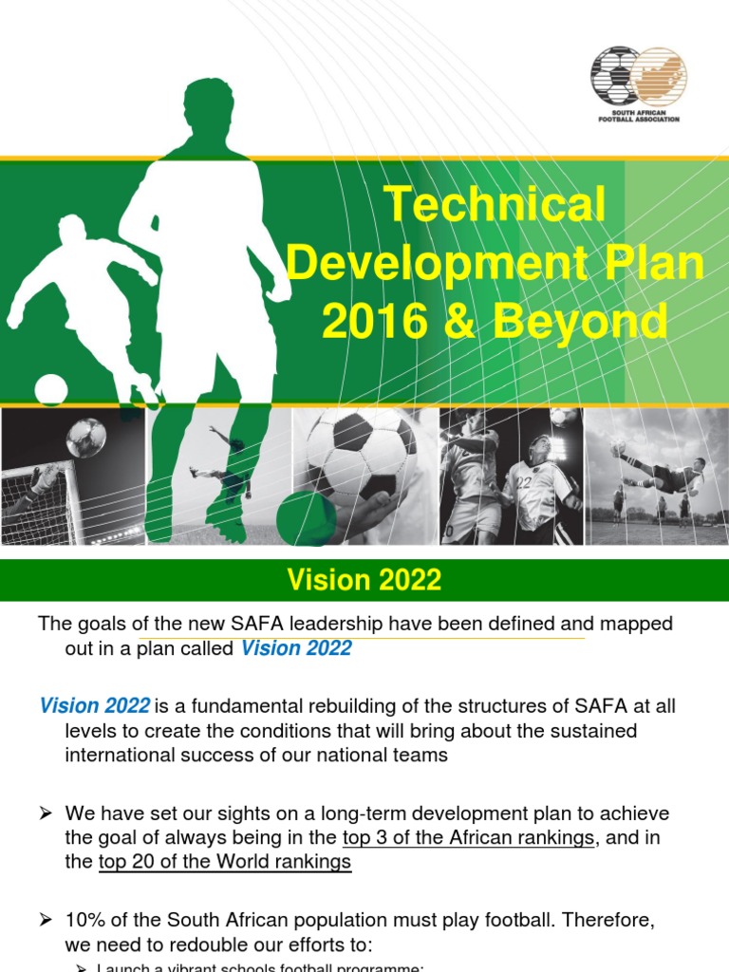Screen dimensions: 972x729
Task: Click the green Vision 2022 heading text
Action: (x=364, y=580)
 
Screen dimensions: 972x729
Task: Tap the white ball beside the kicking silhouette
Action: (x=50, y=389)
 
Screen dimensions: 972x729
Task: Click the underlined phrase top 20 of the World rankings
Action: (x=225, y=862)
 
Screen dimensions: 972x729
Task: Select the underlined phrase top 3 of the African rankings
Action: (x=468, y=837)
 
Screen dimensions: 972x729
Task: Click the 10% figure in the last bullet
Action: (x=84, y=921)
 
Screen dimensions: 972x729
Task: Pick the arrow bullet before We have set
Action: (x=45, y=814)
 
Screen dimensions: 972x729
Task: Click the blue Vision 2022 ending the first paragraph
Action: (x=296, y=648)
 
